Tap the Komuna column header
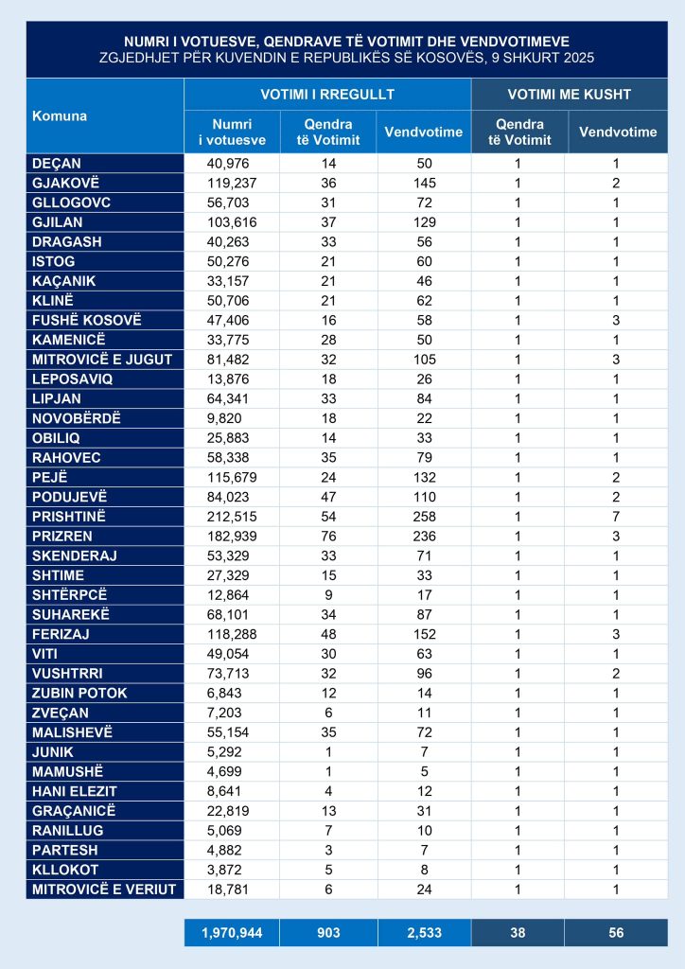(x=60, y=115)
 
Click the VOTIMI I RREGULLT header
(x=326, y=95)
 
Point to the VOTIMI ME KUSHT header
(x=569, y=95)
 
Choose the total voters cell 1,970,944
(x=231, y=933)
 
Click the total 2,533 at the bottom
(x=423, y=933)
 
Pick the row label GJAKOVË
(x=64, y=182)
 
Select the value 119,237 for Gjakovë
(x=231, y=182)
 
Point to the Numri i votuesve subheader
(x=232, y=132)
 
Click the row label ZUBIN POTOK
(x=79, y=693)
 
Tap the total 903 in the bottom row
(x=328, y=933)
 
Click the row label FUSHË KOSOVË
(x=86, y=320)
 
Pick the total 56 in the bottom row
(x=617, y=933)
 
